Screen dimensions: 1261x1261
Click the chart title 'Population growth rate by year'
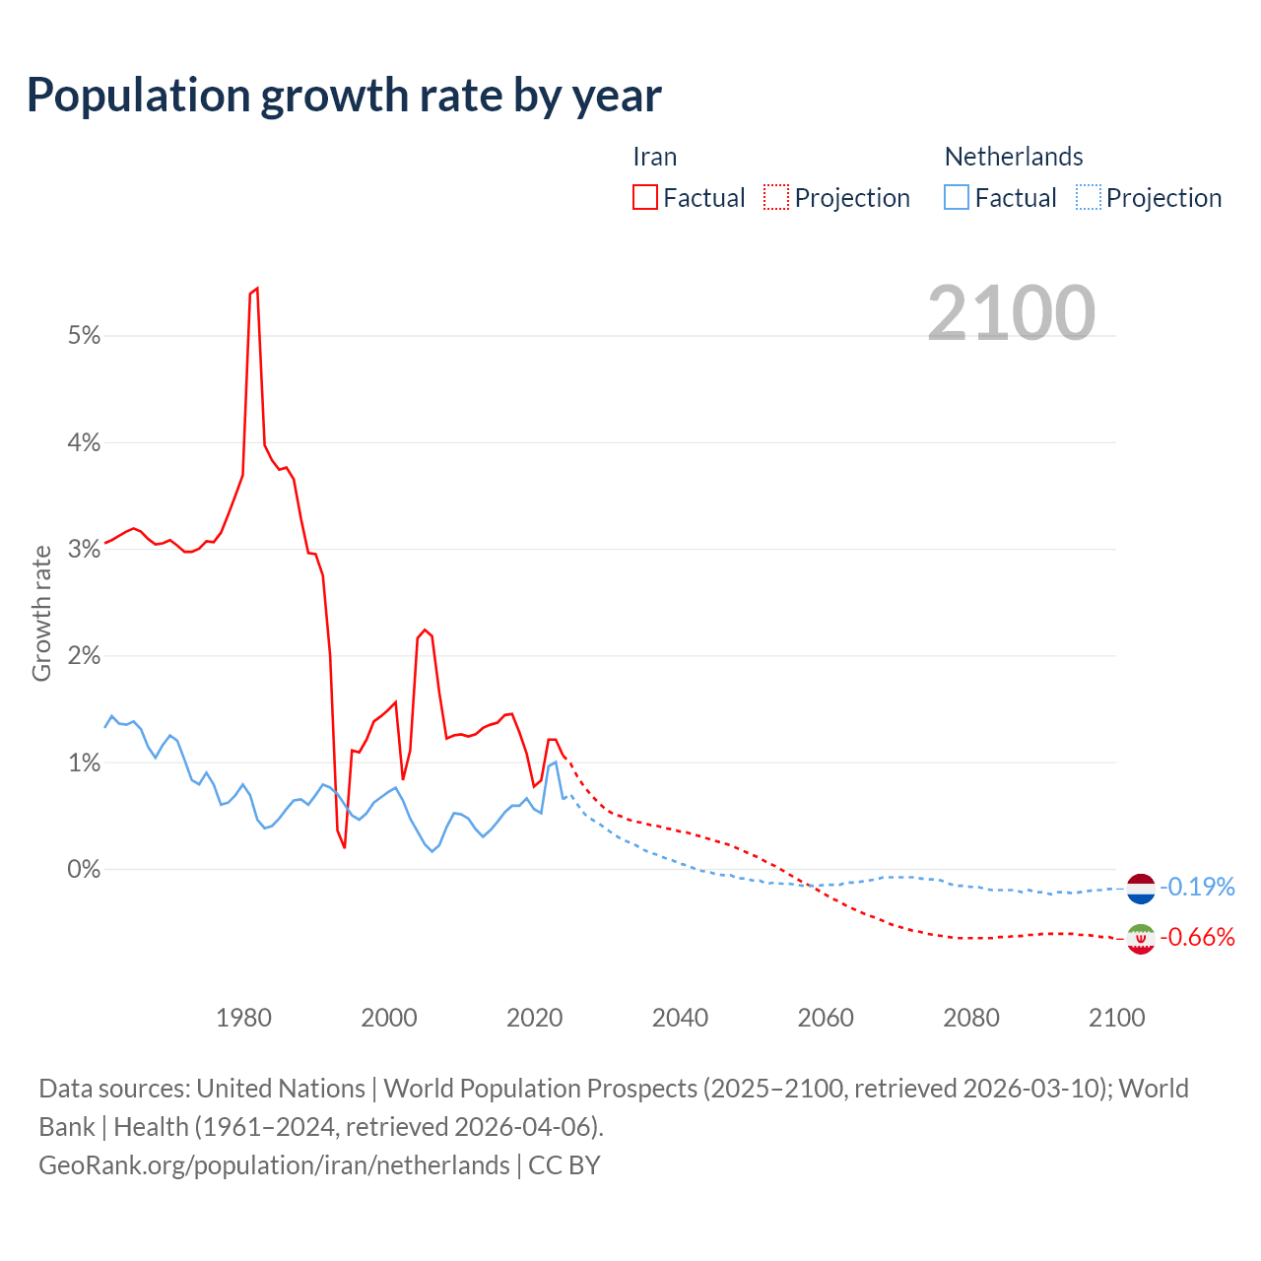(x=344, y=96)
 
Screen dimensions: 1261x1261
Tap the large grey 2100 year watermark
(x=1011, y=313)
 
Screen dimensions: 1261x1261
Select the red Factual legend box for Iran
(x=644, y=197)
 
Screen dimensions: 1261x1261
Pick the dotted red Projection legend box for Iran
(x=776, y=197)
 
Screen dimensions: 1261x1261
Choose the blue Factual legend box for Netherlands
(x=957, y=197)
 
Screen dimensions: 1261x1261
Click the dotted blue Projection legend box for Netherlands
(x=1088, y=197)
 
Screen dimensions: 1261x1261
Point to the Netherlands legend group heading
(x=1013, y=157)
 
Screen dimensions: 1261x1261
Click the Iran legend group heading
(x=654, y=157)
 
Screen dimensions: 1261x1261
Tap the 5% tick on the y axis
(x=85, y=336)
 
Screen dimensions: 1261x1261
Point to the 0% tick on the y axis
(x=85, y=870)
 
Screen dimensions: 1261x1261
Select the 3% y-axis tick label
(x=85, y=550)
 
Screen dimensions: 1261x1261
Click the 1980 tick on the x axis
(x=243, y=1018)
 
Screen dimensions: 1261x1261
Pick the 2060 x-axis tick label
(x=826, y=1018)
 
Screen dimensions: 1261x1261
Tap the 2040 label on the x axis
(x=680, y=1018)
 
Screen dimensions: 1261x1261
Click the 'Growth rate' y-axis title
(x=41, y=613)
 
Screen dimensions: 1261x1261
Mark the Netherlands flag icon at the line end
(x=1140, y=888)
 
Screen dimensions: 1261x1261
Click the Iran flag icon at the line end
(x=1140, y=939)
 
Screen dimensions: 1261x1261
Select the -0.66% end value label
(x=1197, y=937)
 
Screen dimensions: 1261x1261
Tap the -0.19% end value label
(x=1197, y=887)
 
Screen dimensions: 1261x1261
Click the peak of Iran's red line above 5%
(x=256, y=289)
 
